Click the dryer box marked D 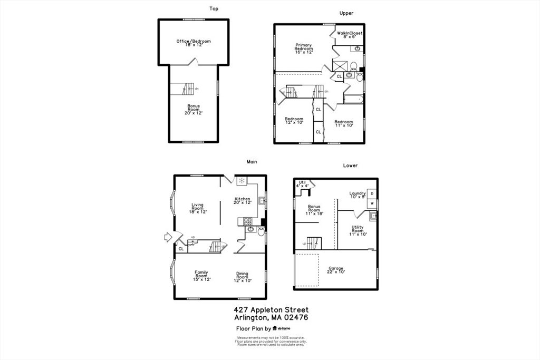(x=372, y=194)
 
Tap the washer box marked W (x=372, y=203)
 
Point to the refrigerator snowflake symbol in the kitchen (x=242, y=181)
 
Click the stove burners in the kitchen (x=247, y=222)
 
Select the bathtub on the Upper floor (x=352, y=99)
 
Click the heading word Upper (x=346, y=13)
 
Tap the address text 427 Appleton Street (x=271, y=310)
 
